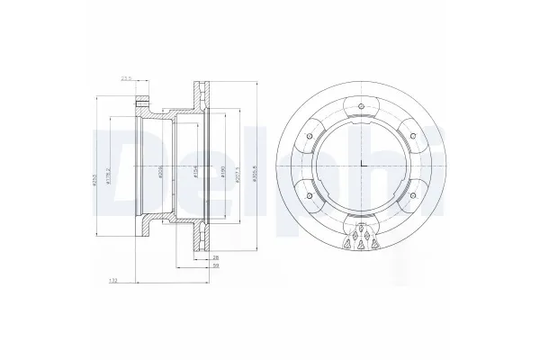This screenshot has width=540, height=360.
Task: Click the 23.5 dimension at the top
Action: point(126,79)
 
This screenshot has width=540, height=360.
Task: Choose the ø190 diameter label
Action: point(221,169)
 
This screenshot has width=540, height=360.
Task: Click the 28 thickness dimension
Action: point(215,257)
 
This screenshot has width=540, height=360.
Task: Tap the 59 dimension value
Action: point(215,266)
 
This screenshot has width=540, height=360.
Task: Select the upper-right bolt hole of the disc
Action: point(412,137)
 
